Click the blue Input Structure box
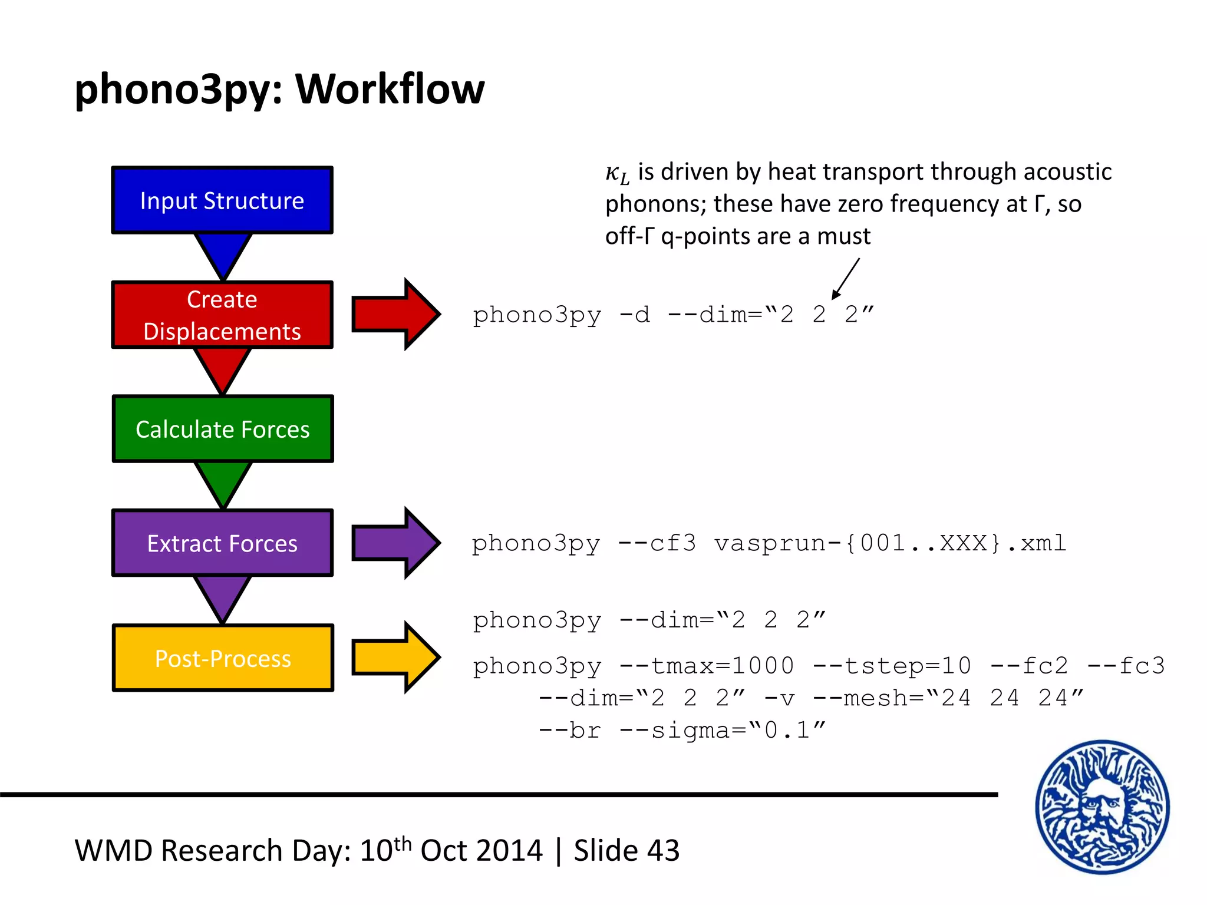[x=222, y=200]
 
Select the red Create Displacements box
[x=222, y=315]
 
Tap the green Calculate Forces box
[x=222, y=429]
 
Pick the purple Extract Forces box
[x=222, y=543]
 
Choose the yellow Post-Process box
[x=222, y=658]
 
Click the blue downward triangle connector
[x=223, y=253]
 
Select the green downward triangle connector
[x=223, y=482]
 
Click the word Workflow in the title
[x=390, y=90]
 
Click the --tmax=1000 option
[x=707, y=666]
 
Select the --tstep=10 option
[x=892, y=666]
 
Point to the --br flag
[x=570, y=731]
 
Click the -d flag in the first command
[x=635, y=315]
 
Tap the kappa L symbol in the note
[x=617, y=173]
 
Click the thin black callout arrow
[x=846, y=279]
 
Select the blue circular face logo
[x=1102, y=807]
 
